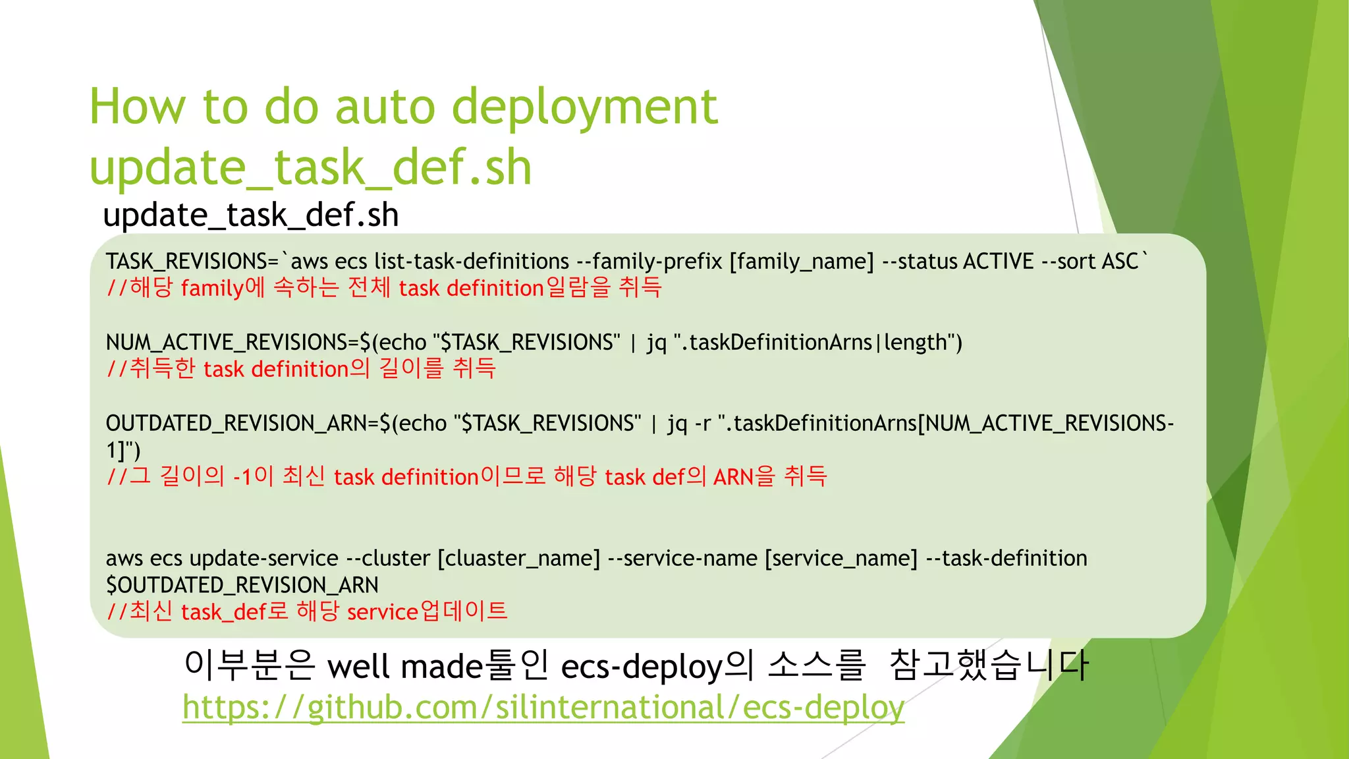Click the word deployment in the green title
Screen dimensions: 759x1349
585,107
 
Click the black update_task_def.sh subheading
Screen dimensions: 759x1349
251,215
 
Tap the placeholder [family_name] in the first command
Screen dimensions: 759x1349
802,262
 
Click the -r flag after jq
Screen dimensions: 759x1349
702,424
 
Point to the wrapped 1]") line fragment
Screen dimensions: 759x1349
123,451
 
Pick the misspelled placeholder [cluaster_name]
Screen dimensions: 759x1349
519,559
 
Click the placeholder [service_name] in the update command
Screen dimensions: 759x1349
840,559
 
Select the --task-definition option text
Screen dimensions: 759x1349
1006,559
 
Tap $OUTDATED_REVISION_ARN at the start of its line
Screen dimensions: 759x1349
242,586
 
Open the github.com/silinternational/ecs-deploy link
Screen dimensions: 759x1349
543,708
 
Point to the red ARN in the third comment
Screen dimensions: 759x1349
732,478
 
